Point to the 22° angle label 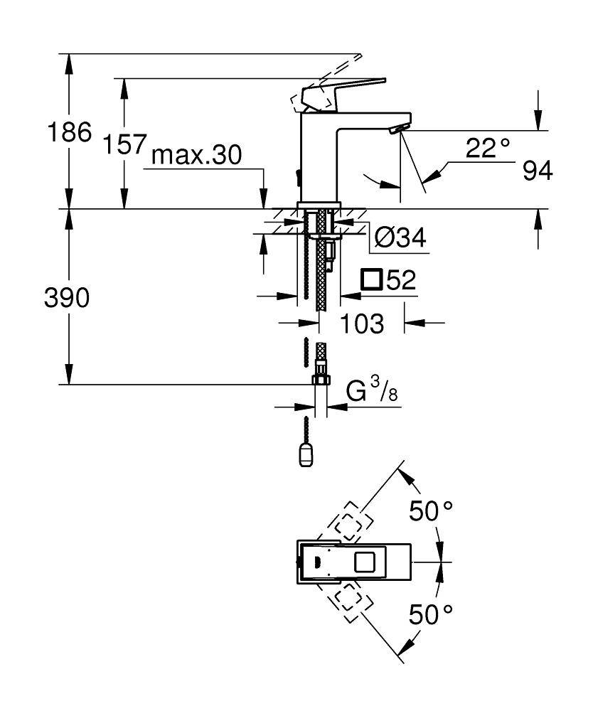[488, 148]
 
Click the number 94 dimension [537, 171]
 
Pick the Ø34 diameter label [400, 238]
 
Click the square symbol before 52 [370, 280]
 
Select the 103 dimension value [360, 324]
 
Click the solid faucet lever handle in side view [345, 90]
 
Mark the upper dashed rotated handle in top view [346, 524]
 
